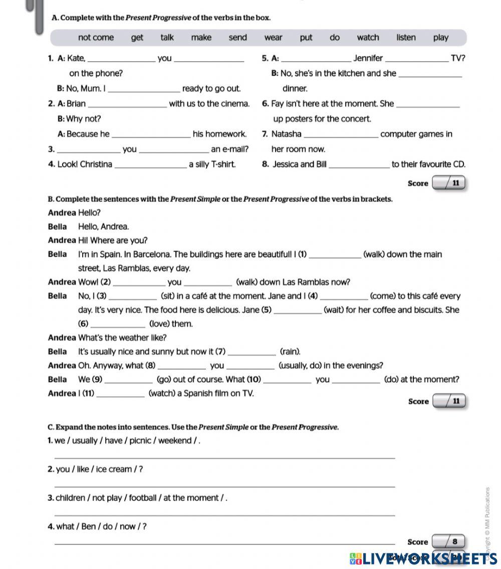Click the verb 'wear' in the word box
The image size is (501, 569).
click(273, 38)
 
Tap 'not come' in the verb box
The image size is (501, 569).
click(96, 38)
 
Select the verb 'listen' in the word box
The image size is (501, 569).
click(406, 38)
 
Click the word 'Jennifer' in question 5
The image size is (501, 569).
click(368, 58)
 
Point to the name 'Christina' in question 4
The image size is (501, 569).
click(96, 164)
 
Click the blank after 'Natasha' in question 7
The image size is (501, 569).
click(341, 135)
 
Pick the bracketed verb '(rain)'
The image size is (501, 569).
click(290, 351)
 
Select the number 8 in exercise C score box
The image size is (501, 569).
click(454, 542)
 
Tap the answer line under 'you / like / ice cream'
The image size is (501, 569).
click(223, 486)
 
